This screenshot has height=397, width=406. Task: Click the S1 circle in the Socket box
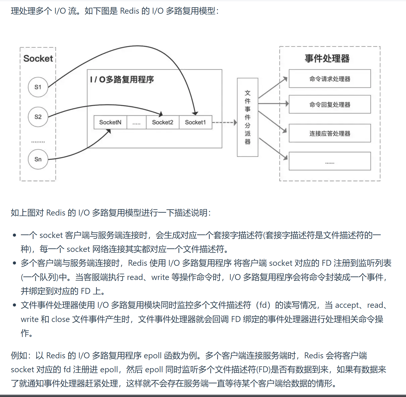(x=38, y=87)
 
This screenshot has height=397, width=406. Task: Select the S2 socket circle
(x=38, y=117)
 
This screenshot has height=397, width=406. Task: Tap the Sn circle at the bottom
(x=38, y=159)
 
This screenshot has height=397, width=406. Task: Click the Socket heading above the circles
(x=38, y=59)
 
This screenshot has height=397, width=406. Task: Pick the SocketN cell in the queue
(x=110, y=122)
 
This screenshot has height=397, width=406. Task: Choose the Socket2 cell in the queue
(x=163, y=122)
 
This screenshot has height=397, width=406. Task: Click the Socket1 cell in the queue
(x=195, y=122)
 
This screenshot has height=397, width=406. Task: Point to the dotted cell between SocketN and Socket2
(x=137, y=122)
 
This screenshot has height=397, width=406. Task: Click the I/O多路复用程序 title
(x=122, y=79)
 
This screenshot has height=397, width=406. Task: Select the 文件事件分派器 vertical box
(x=248, y=117)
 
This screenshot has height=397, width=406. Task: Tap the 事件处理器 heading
(x=327, y=59)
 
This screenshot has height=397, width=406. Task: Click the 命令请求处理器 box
(x=330, y=79)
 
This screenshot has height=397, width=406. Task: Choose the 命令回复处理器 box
(x=330, y=104)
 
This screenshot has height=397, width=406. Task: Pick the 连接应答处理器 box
(x=330, y=133)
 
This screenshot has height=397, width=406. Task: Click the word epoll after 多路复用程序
(x=153, y=355)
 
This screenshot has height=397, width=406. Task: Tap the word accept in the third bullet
(x=347, y=305)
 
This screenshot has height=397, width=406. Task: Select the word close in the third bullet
(x=61, y=319)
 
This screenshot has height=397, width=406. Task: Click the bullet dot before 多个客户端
(x=14, y=263)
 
